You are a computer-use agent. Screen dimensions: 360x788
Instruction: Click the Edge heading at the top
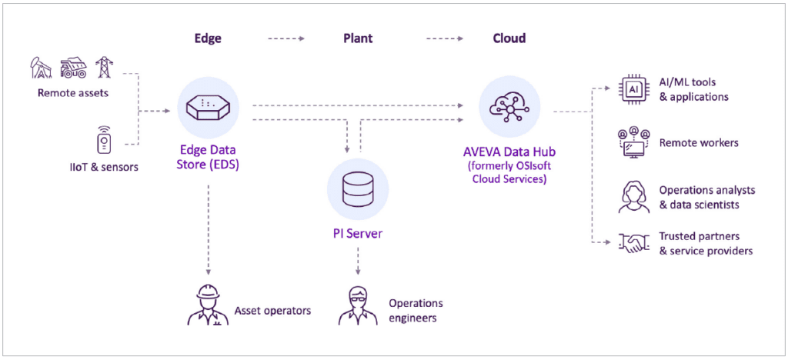pos(207,38)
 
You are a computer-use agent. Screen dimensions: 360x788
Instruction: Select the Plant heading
pos(358,38)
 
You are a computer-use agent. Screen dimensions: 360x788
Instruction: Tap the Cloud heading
pos(509,38)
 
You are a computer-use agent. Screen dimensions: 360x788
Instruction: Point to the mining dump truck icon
pos(73,68)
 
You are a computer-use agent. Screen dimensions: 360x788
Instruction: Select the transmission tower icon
pos(103,68)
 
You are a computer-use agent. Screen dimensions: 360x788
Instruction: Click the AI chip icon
pos(633,90)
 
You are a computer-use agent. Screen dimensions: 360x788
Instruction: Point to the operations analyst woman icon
pos(633,197)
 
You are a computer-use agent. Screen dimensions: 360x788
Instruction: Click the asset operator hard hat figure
pos(207,305)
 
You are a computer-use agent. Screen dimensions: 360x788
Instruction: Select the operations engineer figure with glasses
pos(357,305)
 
